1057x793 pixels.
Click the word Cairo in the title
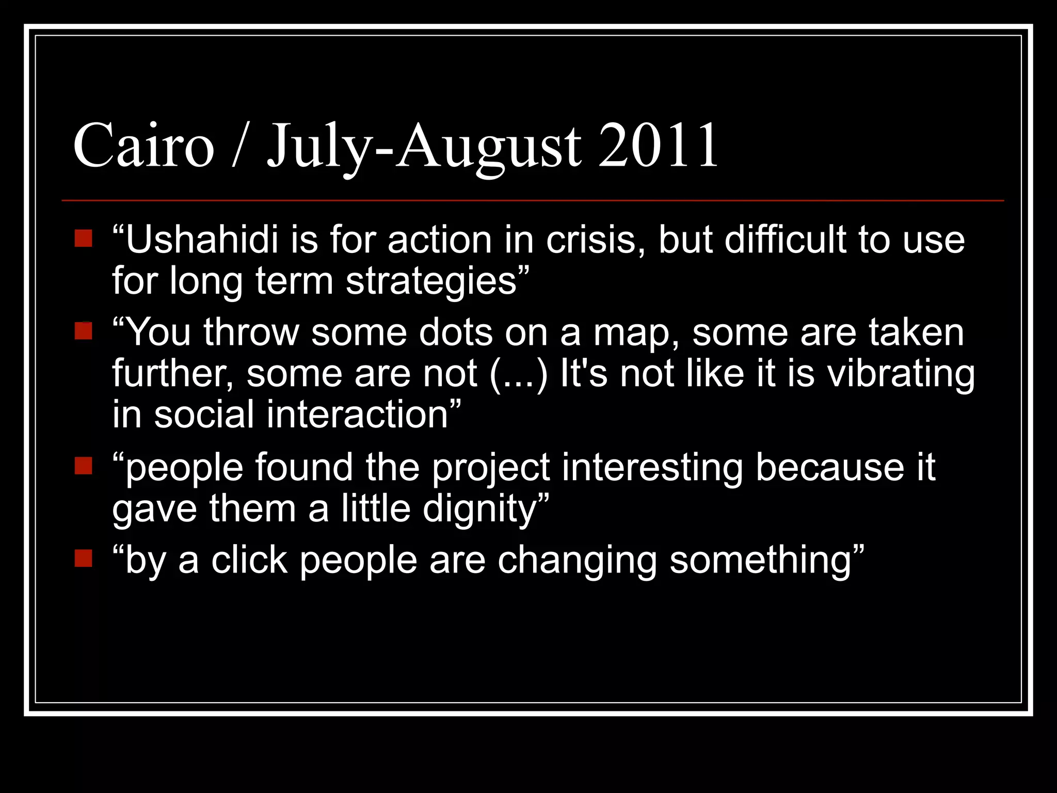(x=143, y=146)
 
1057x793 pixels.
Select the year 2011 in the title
(x=659, y=146)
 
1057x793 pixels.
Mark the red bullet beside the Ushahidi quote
(x=83, y=239)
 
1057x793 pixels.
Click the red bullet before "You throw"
(x=83, y=331)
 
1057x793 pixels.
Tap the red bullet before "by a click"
(x=83, y=558)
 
